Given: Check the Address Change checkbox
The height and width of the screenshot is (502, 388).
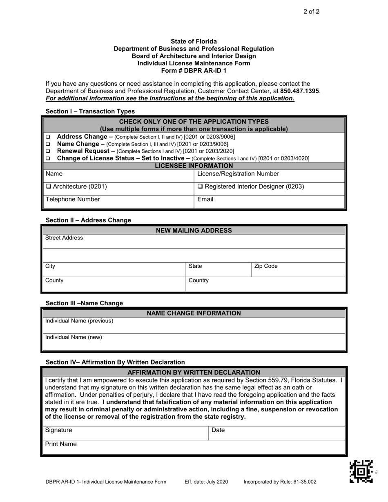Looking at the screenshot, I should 48,137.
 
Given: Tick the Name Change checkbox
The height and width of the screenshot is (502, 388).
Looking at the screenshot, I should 48,144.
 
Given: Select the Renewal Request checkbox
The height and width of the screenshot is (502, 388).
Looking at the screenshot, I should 48,151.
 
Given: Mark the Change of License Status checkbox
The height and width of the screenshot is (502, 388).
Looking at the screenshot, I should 48,158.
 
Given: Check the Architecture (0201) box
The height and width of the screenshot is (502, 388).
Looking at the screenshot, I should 49,187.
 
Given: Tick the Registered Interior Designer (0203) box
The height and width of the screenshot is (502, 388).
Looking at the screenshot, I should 200,187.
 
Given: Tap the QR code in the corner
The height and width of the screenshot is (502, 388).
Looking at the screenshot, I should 361,471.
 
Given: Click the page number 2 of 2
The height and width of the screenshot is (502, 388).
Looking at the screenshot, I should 311,12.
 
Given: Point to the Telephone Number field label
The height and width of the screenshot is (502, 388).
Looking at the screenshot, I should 73,200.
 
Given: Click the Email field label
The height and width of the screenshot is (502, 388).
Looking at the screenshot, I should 205,200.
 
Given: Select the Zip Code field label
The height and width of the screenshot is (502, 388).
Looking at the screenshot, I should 266,267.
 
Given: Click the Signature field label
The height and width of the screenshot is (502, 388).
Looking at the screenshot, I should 59,430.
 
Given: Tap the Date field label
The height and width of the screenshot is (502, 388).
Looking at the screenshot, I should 218,430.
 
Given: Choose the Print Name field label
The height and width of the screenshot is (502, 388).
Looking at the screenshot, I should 61,444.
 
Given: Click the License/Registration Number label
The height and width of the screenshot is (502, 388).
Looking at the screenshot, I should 238,174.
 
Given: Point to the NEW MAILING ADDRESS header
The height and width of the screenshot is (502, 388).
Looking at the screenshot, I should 194,231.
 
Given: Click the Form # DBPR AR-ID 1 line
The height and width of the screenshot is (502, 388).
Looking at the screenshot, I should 194,71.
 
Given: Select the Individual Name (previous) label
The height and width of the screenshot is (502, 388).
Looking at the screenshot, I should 79,321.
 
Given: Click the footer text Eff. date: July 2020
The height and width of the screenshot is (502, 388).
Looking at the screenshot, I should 206,482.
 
